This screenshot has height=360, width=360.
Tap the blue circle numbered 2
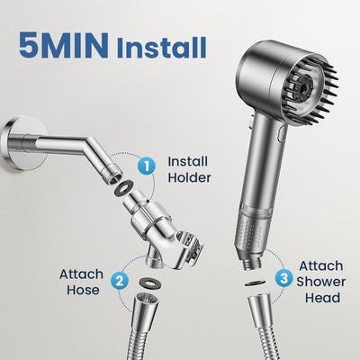pyautogui.click(x=119, y=280)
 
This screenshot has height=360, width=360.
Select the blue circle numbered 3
pyautogui.click(x=284, y=278)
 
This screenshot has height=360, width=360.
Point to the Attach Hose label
pyautogui.click(x=81, y=282)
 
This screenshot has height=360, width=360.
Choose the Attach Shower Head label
pyautogui.click(x=321, y=280)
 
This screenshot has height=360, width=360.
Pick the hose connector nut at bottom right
pyautogui.click(x=260, y=314)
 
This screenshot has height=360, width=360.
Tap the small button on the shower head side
pyautogui.click(x=281, y=134)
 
